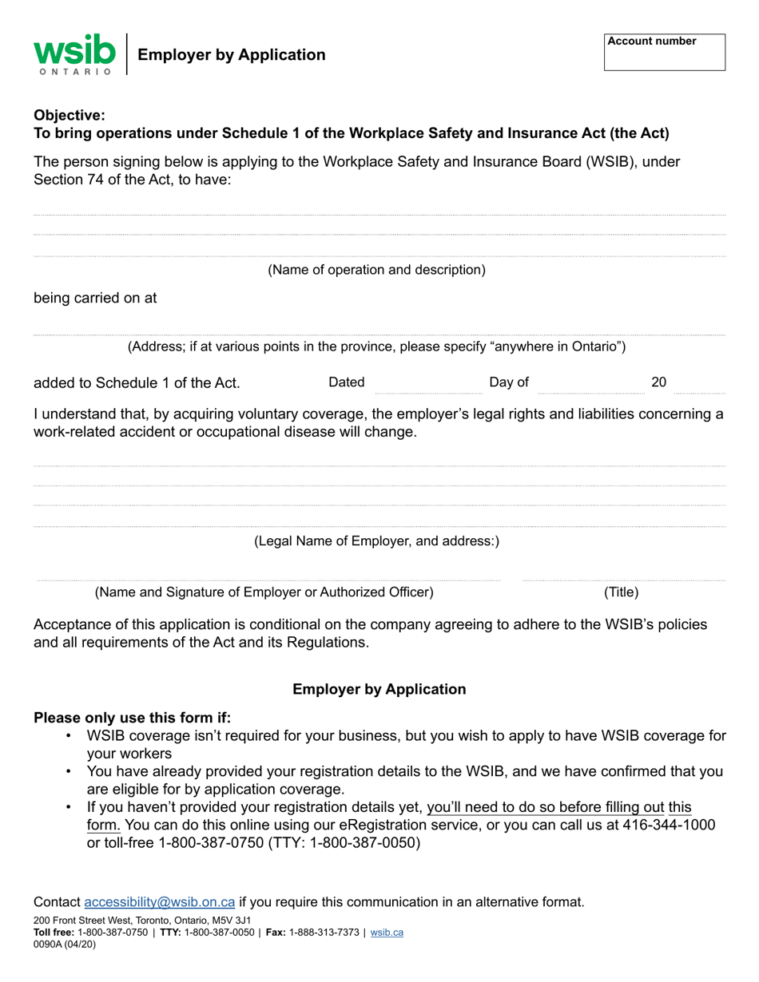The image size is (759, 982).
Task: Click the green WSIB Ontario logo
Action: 74,53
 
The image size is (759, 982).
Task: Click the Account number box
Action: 664,53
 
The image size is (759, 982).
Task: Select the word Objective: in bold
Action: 70,115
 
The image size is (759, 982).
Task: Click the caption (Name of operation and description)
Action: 376,270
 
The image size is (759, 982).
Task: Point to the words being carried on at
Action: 95,298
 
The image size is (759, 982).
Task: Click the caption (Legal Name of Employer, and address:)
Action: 376,541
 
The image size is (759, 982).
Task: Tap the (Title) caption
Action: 621,592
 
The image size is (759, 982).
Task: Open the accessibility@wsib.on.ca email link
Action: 159,902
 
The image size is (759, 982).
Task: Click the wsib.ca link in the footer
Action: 387,932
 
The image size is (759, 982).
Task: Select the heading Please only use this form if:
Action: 132,718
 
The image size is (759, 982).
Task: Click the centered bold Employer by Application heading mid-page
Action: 379,689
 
